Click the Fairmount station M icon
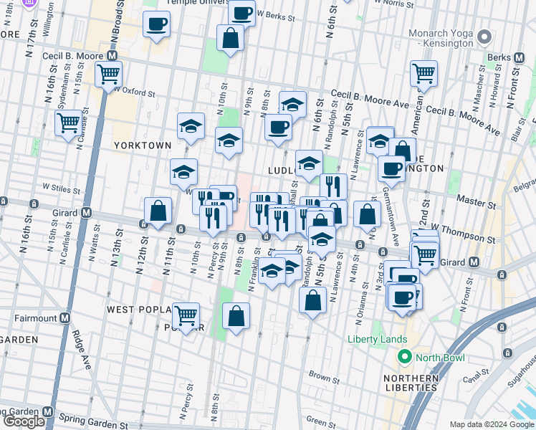64,317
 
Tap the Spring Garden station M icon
47,412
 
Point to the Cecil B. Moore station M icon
111,55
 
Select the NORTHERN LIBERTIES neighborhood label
410,383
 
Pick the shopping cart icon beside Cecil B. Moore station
108,74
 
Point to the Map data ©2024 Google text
491,424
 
